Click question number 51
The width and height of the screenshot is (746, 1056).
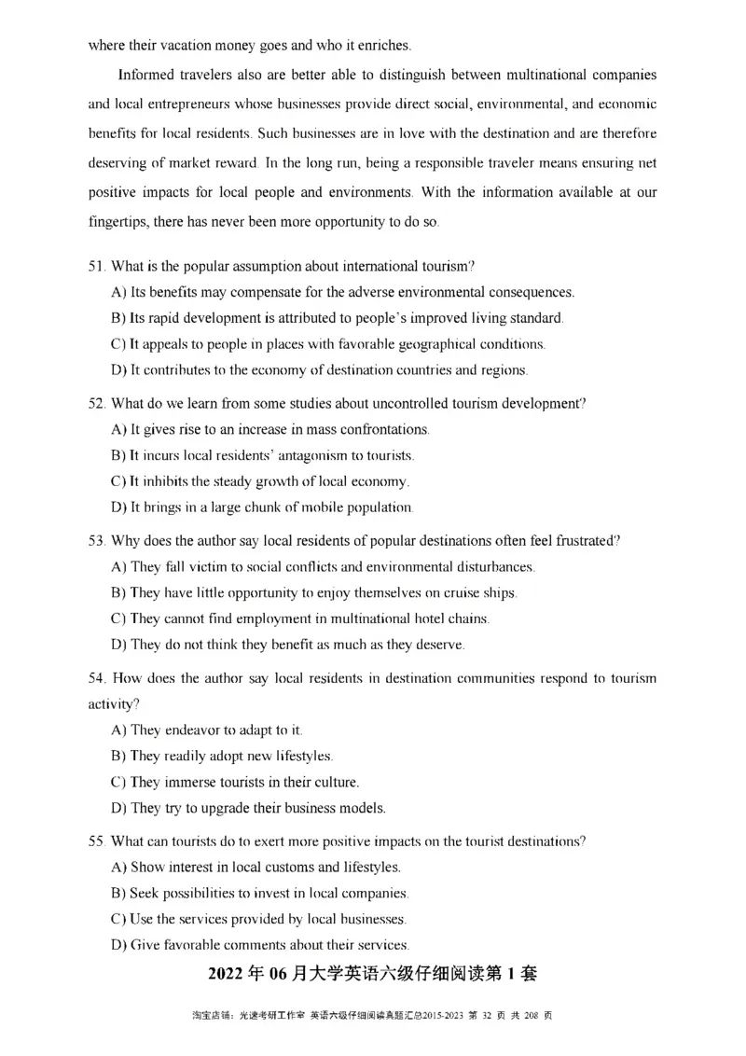[x=95, y=267]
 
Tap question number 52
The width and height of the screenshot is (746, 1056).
[x=95, y=404]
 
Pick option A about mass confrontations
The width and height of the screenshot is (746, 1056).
[x=270, y=430]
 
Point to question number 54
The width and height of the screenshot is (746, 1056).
[x=95, y=678]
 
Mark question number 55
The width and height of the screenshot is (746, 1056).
[x=95, y=841]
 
